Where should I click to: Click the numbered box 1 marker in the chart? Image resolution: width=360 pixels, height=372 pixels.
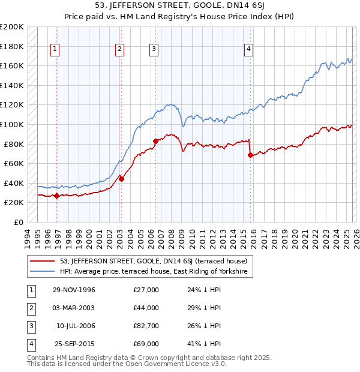(55, 49)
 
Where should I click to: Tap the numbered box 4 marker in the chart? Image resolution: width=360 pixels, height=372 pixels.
(248, 49)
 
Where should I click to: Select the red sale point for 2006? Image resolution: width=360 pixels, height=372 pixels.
(155, 141)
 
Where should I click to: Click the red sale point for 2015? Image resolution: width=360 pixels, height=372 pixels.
(250, 155)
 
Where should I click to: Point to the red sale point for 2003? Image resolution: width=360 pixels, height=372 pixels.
(121, 179)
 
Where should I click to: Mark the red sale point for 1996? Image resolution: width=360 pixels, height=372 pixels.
(57, 196)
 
